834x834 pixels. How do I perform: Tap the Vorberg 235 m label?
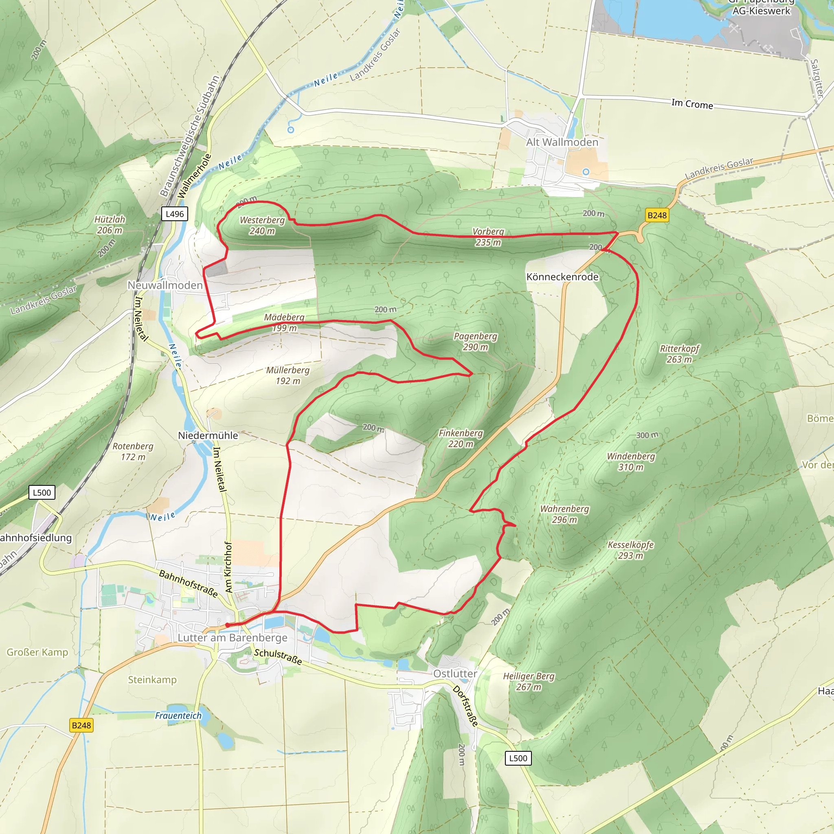point(488,237)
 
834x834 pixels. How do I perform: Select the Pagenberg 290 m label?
point(475,341)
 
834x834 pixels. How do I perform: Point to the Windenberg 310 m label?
point(631,461)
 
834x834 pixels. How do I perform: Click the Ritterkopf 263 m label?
point(680,354)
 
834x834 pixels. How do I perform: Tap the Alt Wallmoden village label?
point(562,142)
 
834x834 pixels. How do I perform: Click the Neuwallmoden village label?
point(165,285)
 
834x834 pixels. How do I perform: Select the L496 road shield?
point(174,214)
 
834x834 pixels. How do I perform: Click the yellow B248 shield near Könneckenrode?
point(656,215)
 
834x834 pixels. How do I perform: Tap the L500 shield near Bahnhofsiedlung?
point(42,493)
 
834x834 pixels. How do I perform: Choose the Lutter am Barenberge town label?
point(232,638)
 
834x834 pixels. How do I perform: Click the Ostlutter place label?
point(455,674)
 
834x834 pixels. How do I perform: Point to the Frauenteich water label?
point(178,715)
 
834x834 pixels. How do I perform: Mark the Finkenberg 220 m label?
point(461,438)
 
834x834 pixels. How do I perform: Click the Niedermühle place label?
point(208,436)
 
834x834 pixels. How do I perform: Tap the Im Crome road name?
point(692,104)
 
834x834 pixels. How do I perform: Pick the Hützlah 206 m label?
point(110,225)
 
